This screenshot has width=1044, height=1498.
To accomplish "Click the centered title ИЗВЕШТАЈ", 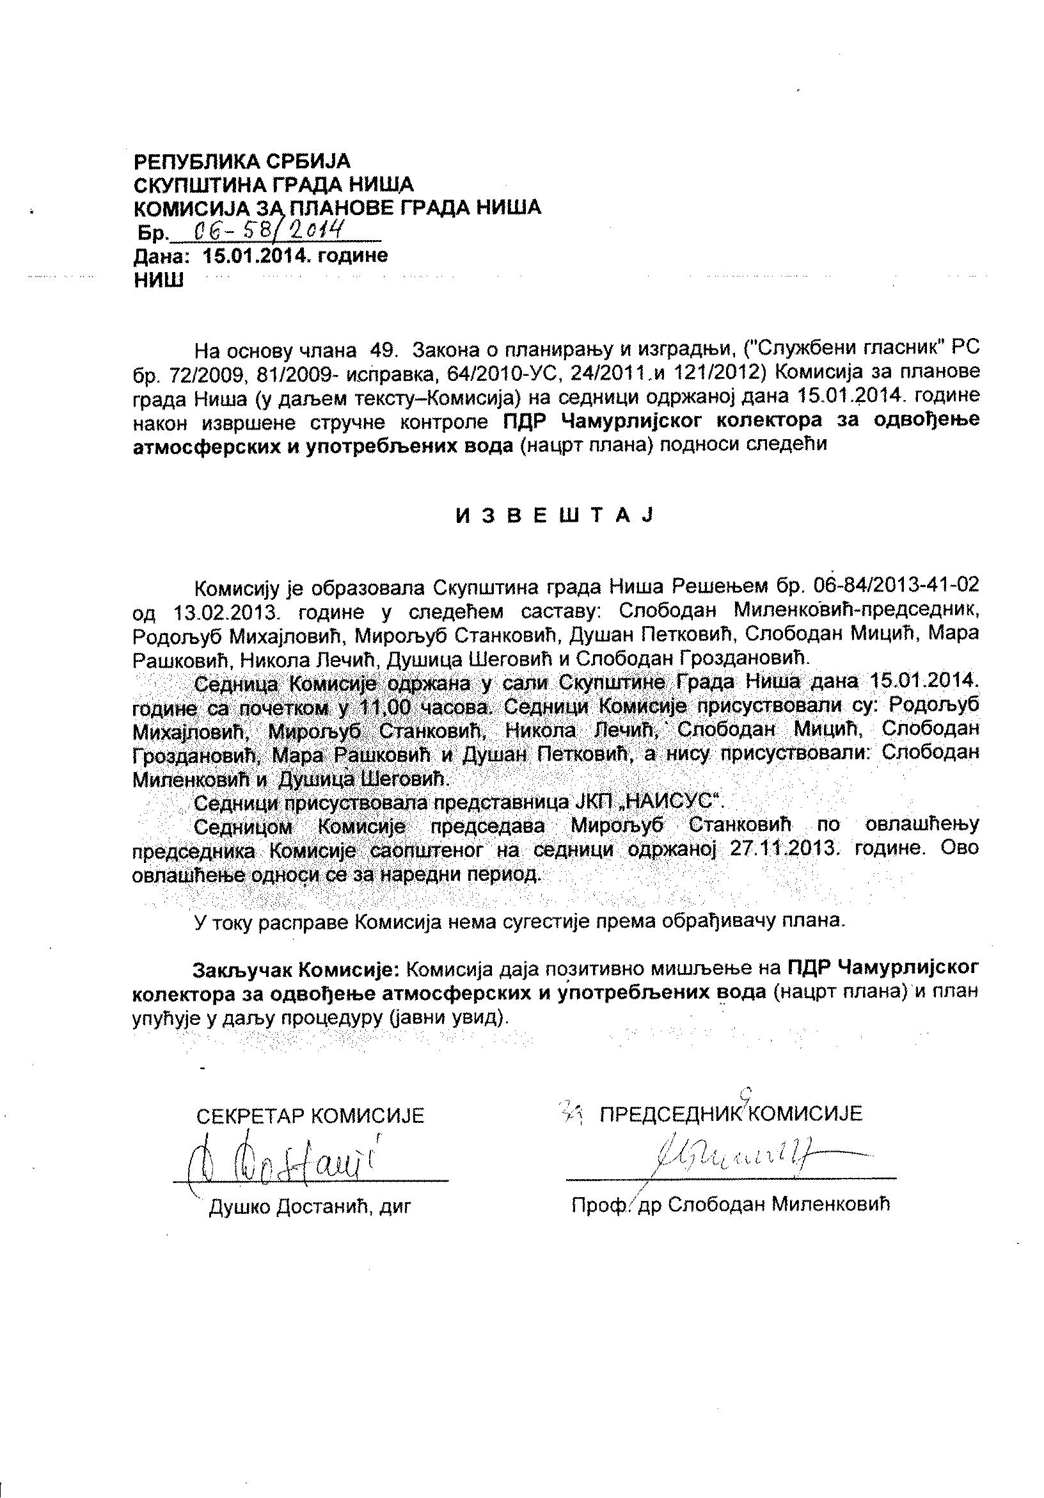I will pos(553,515).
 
